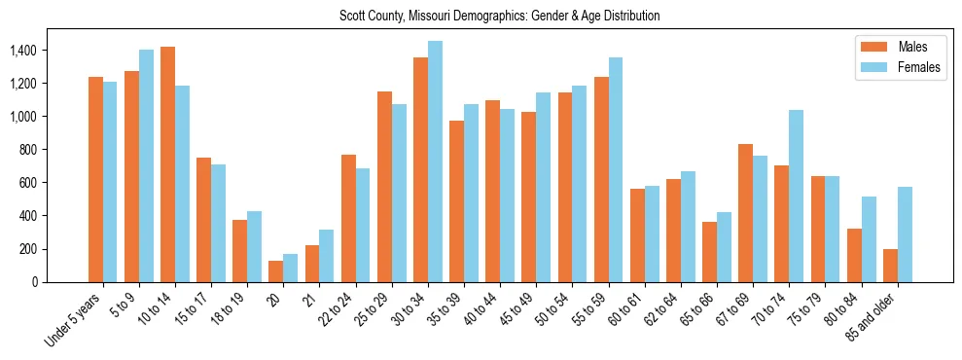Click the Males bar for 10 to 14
tap(168, 164)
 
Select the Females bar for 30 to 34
tap(435, 162)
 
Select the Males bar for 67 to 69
tap(746, 213)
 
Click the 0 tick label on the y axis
tap(34, 282)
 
